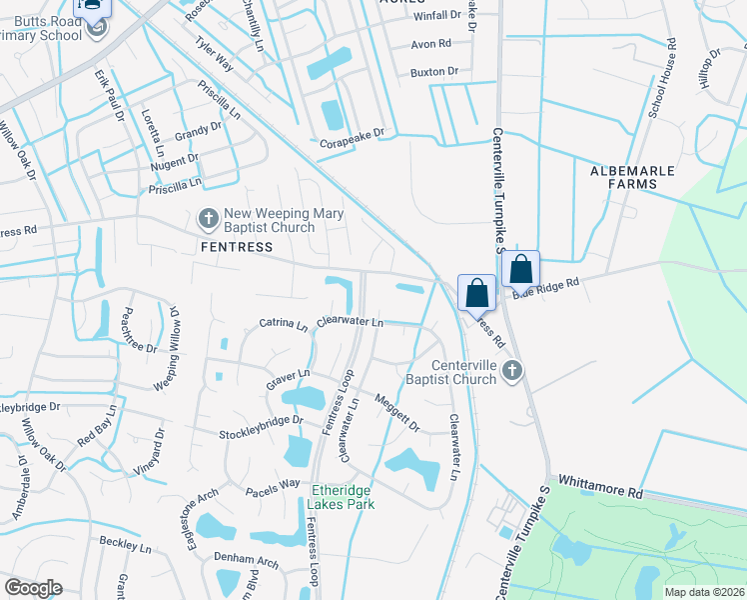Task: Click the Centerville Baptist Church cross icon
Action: [x=512, y=371]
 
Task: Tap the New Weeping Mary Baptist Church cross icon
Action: [x=209, y=217]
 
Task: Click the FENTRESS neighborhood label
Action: [x=236, y=246]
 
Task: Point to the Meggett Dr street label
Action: [x=397, y=412]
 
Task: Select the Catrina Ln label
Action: [x=284, y=324]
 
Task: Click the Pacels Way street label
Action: [x=274, y=483]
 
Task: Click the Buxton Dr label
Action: [x=433, y=72]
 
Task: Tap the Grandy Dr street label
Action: [x=199, y=130]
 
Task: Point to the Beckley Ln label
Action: [x=125, y=545]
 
